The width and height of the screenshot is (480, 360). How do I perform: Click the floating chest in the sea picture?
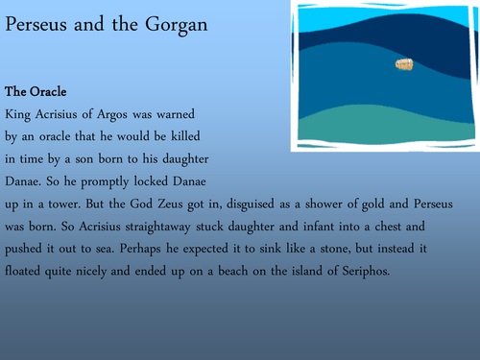(x=404, y=64)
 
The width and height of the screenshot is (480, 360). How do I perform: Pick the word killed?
(x=215, y=134)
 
